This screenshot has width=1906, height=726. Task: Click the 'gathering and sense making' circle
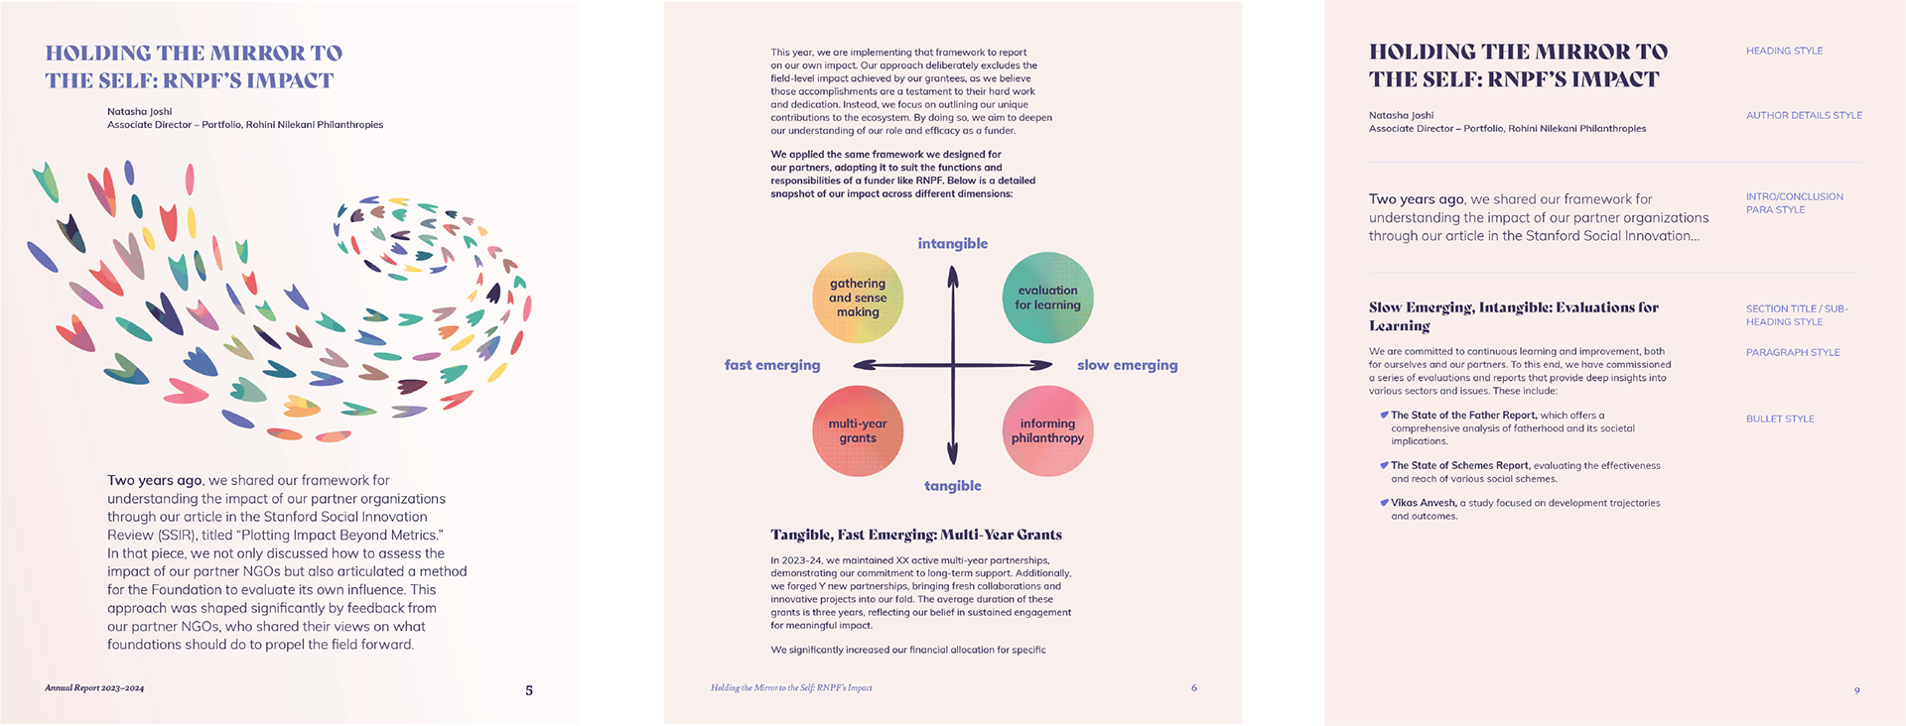(858, 298)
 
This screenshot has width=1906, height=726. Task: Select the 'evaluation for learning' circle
(1047, 298)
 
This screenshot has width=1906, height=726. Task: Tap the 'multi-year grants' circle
(858, 431)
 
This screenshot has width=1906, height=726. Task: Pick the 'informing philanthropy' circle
(1047, 431)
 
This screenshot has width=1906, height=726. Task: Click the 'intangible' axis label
(952, 244)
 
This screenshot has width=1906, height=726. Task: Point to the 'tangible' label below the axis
(952, 486)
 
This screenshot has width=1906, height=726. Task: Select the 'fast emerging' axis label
(772, 365)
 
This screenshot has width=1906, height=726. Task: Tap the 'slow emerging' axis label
(1127, 365)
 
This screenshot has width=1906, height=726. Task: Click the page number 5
(529, 690)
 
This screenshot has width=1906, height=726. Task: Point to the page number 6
(1194, 687)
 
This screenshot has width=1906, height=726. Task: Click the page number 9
(1856, 690)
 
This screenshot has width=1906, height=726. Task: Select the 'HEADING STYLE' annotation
(1784, 51)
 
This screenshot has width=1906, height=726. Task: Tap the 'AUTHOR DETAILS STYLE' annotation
(1804, 116)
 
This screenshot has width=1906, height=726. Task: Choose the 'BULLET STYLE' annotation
(1780, 420)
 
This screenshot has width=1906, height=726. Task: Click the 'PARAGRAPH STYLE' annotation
(1793, 353)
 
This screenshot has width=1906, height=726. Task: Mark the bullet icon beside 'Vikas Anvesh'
(1384, 503)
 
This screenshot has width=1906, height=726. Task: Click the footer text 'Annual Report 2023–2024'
(94, 687)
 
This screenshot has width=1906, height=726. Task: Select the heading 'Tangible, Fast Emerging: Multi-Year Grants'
(915, 535)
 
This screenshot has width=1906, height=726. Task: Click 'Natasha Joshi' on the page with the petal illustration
(140, 112)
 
